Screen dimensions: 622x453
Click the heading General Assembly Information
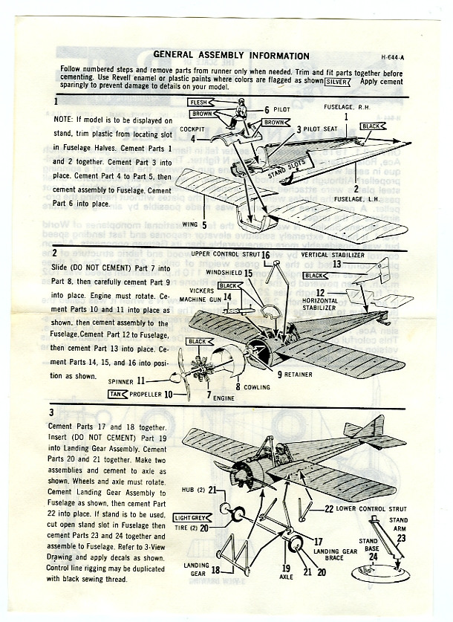(231, 56)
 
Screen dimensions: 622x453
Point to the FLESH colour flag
(198, 102)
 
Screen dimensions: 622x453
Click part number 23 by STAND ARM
(401, 537)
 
